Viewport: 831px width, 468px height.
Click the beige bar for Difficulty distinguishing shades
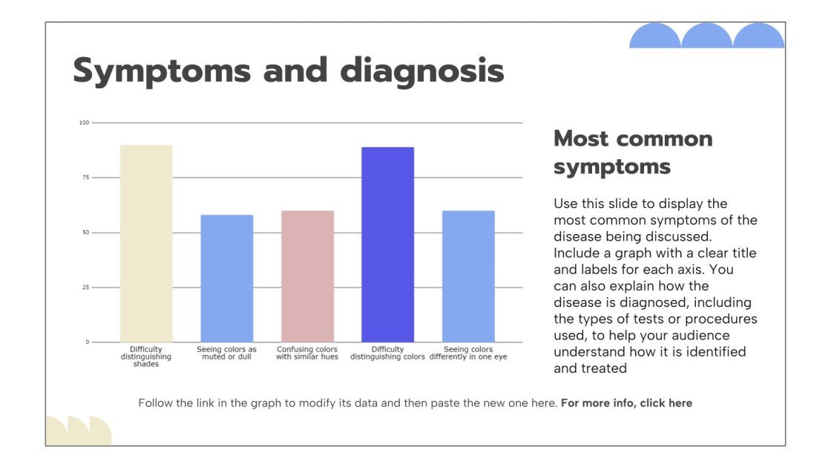146,244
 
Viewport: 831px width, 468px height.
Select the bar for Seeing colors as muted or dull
227,279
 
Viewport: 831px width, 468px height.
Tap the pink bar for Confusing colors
307,276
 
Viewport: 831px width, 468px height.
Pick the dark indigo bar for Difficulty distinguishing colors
387,244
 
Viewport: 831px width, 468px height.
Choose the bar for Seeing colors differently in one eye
468,276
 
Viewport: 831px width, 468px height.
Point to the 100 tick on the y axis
84,123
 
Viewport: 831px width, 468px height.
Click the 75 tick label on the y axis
85,178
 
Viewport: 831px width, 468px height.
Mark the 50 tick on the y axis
85,233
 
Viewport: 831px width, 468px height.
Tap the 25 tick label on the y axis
85,287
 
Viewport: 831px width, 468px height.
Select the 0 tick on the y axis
87,342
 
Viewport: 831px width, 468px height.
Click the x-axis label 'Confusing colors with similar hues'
307,354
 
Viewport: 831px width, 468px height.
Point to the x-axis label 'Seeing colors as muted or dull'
227,354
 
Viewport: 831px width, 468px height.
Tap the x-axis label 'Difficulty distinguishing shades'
146,357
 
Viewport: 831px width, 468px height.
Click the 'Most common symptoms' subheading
633,152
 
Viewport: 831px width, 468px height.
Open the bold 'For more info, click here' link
626,403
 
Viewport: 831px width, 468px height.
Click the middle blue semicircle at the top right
706,36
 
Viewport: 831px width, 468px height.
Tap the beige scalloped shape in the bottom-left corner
79,432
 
